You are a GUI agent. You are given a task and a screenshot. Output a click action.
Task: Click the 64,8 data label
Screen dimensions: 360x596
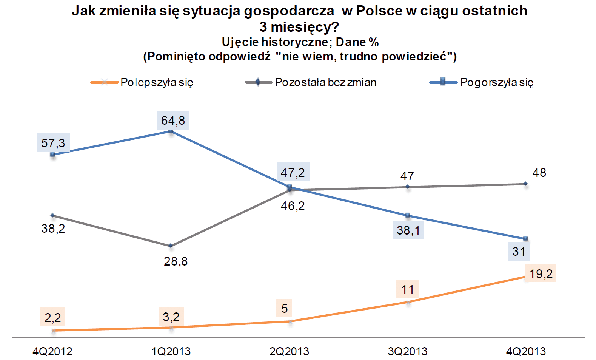click(173, 121)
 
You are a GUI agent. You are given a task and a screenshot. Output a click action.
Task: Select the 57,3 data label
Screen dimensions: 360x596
click(53, 143)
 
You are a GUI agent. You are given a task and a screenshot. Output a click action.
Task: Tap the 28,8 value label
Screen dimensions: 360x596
click(176, 261)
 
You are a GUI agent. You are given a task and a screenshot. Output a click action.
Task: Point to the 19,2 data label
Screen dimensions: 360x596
click(541, 273)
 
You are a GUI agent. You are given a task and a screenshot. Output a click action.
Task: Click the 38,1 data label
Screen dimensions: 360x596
click(408, 230)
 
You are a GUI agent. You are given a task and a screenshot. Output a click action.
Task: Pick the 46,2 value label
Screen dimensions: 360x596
click(293, 206)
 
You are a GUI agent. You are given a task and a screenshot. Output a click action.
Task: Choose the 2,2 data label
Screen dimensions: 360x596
click(53, 317)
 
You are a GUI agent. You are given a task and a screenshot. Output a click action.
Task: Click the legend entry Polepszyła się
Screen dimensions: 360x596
click(157, 82)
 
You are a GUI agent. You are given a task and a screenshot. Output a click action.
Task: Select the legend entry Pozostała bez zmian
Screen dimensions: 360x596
click(325, 82)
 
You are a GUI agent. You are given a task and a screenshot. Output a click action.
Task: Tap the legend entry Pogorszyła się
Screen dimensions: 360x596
click(497, 82)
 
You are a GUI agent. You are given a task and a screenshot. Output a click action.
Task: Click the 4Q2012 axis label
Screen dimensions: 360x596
click(52, 352)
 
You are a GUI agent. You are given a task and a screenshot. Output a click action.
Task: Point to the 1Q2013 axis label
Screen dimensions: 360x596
click(171, 352)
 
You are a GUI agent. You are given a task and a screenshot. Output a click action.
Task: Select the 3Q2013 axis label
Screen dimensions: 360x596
click(408, 352)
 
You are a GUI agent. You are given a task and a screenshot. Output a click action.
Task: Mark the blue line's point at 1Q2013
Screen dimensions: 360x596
click(171, 131)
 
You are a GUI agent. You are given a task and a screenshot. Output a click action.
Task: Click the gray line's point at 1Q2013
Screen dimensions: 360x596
click(171, 246)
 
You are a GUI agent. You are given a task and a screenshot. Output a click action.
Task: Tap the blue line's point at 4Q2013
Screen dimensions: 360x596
click(525, 239)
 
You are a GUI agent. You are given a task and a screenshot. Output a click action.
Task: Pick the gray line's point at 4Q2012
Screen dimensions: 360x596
click(52, 215)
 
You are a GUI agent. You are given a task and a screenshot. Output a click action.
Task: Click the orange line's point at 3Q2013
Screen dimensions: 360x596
click(408, 302)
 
